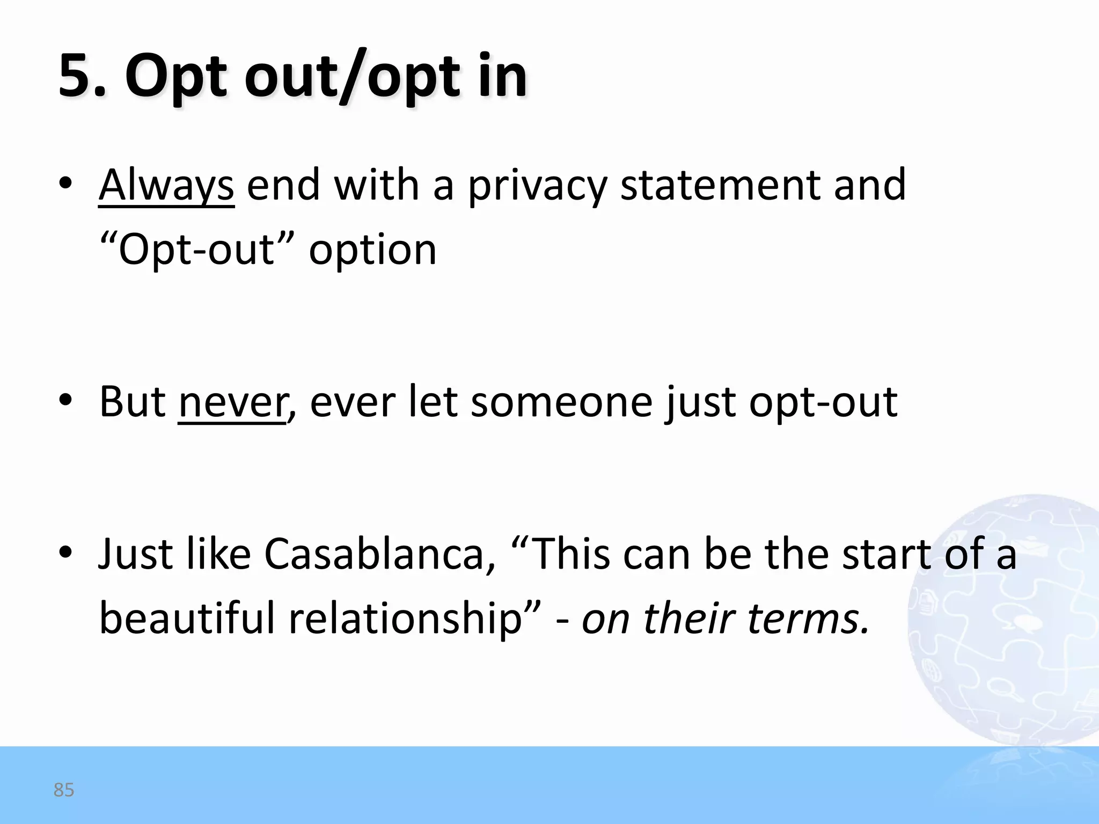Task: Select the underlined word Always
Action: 166,185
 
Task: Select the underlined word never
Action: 232,402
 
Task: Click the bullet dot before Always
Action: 65,184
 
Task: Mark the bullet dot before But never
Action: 65,401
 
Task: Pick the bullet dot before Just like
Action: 65,553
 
